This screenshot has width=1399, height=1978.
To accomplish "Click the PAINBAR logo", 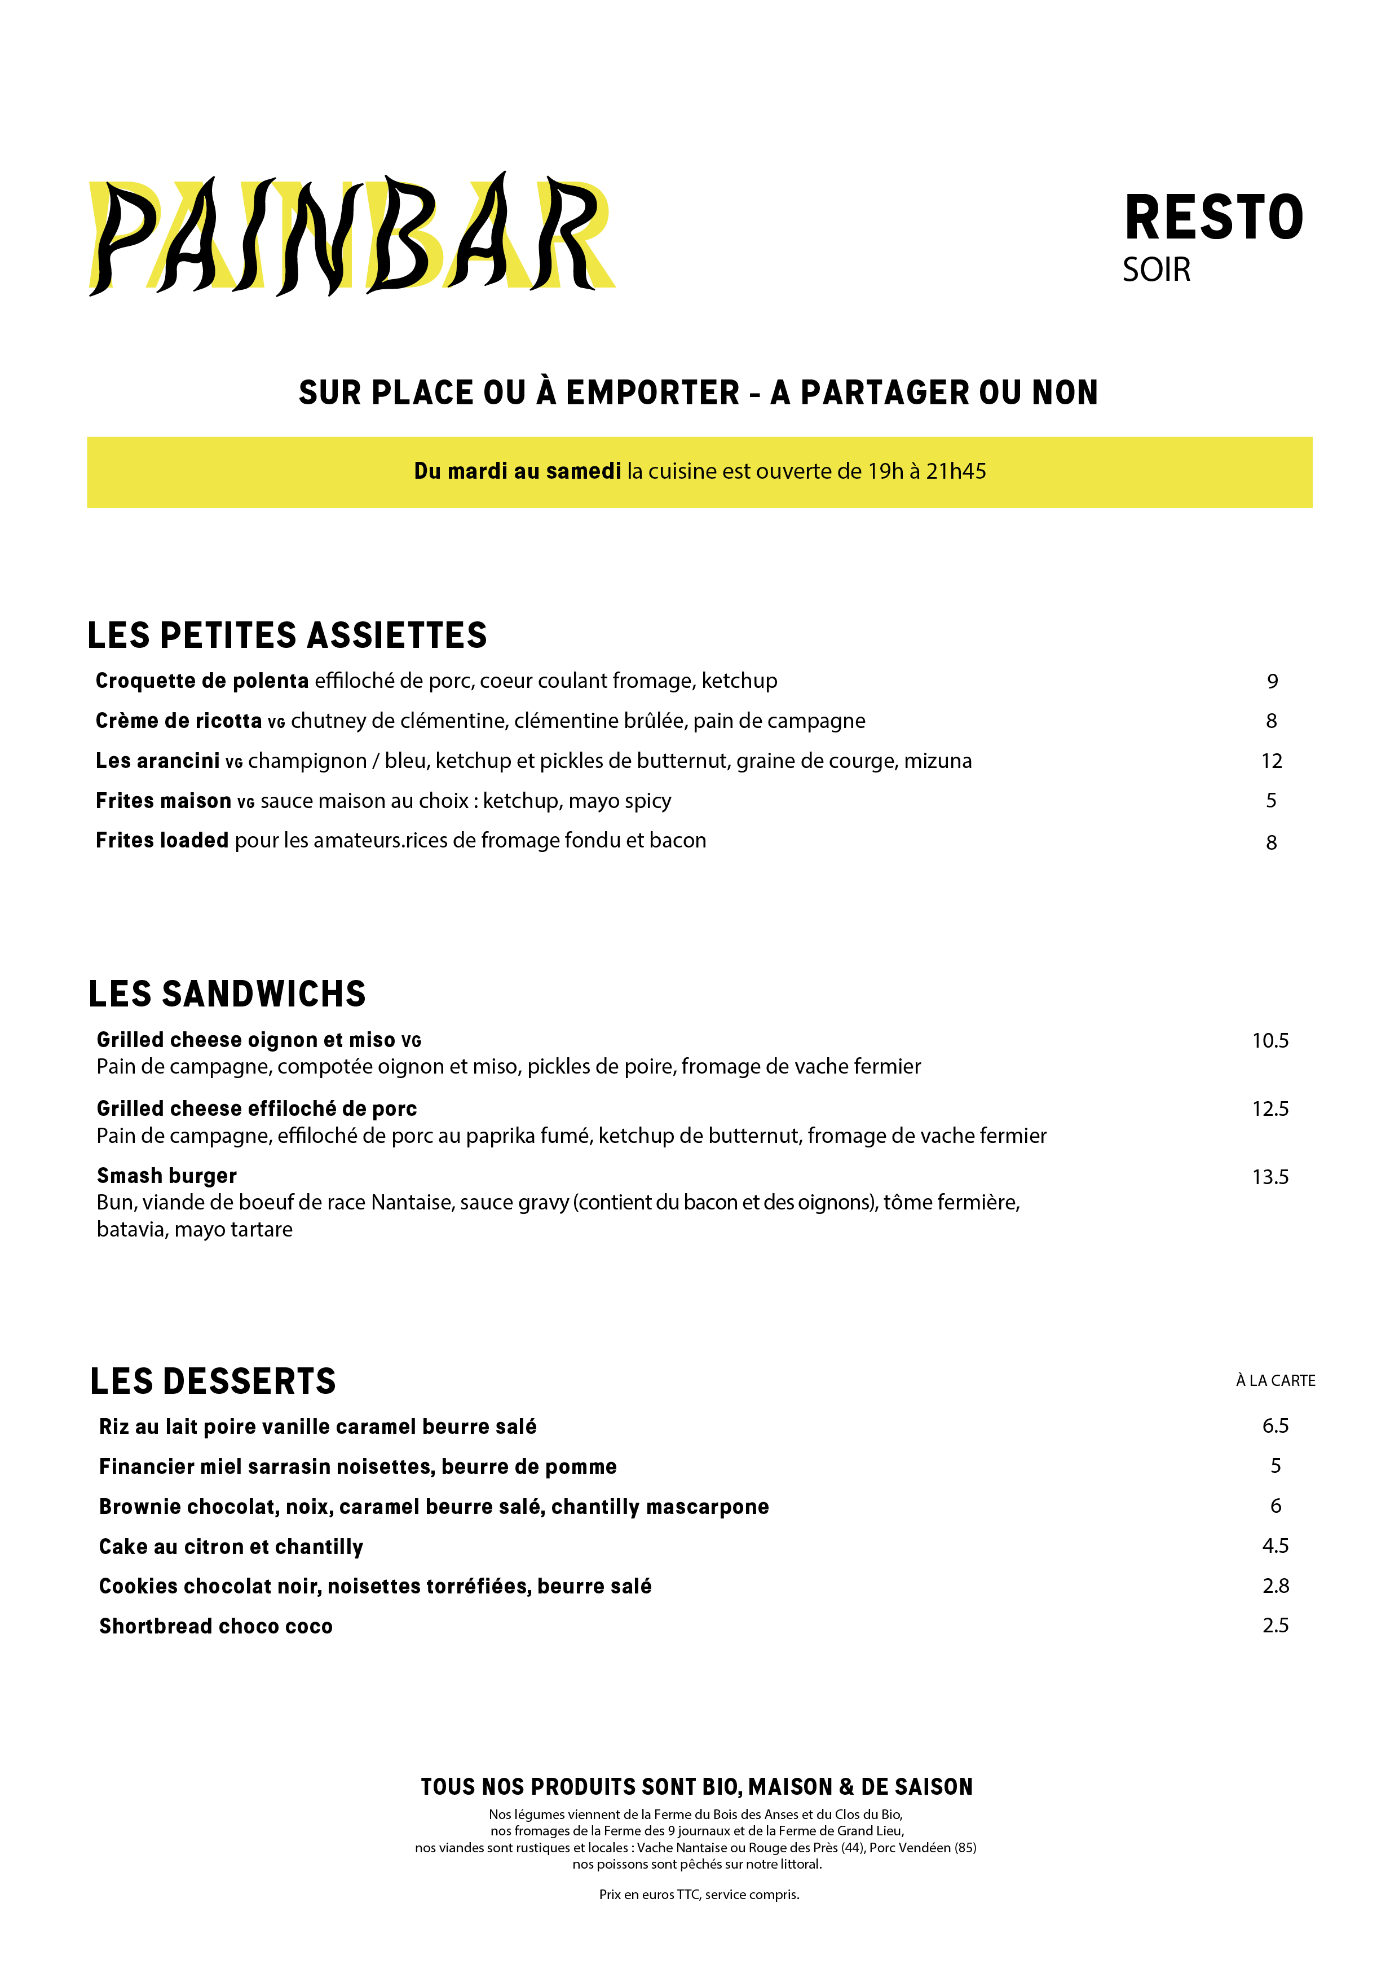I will coord(351,235).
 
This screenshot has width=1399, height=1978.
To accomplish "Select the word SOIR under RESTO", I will coord(1156,270).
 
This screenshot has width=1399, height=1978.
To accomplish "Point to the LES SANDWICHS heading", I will coord(227,994).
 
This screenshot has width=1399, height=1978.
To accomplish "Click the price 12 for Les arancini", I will coord(1272,761).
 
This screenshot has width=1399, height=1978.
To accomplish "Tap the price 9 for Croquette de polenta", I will coord(1272,682).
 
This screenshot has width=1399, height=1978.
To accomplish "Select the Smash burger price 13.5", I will coord(1270,1177).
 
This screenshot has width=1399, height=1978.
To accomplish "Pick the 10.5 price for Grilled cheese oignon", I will coord(1270,1041).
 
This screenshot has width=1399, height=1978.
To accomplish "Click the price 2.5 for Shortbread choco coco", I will coord(1275,1626).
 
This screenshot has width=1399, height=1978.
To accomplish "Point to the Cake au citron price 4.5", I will coord(1275,1546).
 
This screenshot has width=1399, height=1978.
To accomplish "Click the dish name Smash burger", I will coord(166,1176).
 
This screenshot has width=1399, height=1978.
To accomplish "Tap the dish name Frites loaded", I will coord(162,840).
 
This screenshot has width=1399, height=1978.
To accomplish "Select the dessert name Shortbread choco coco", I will coord(215,1627).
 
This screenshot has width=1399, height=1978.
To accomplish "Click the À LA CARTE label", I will coord(1275,1381).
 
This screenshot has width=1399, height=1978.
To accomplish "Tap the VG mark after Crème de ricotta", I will coord(276,723).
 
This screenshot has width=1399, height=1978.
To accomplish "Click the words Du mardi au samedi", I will coord(517,471).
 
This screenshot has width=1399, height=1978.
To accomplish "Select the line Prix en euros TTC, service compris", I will coord(699,1895).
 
